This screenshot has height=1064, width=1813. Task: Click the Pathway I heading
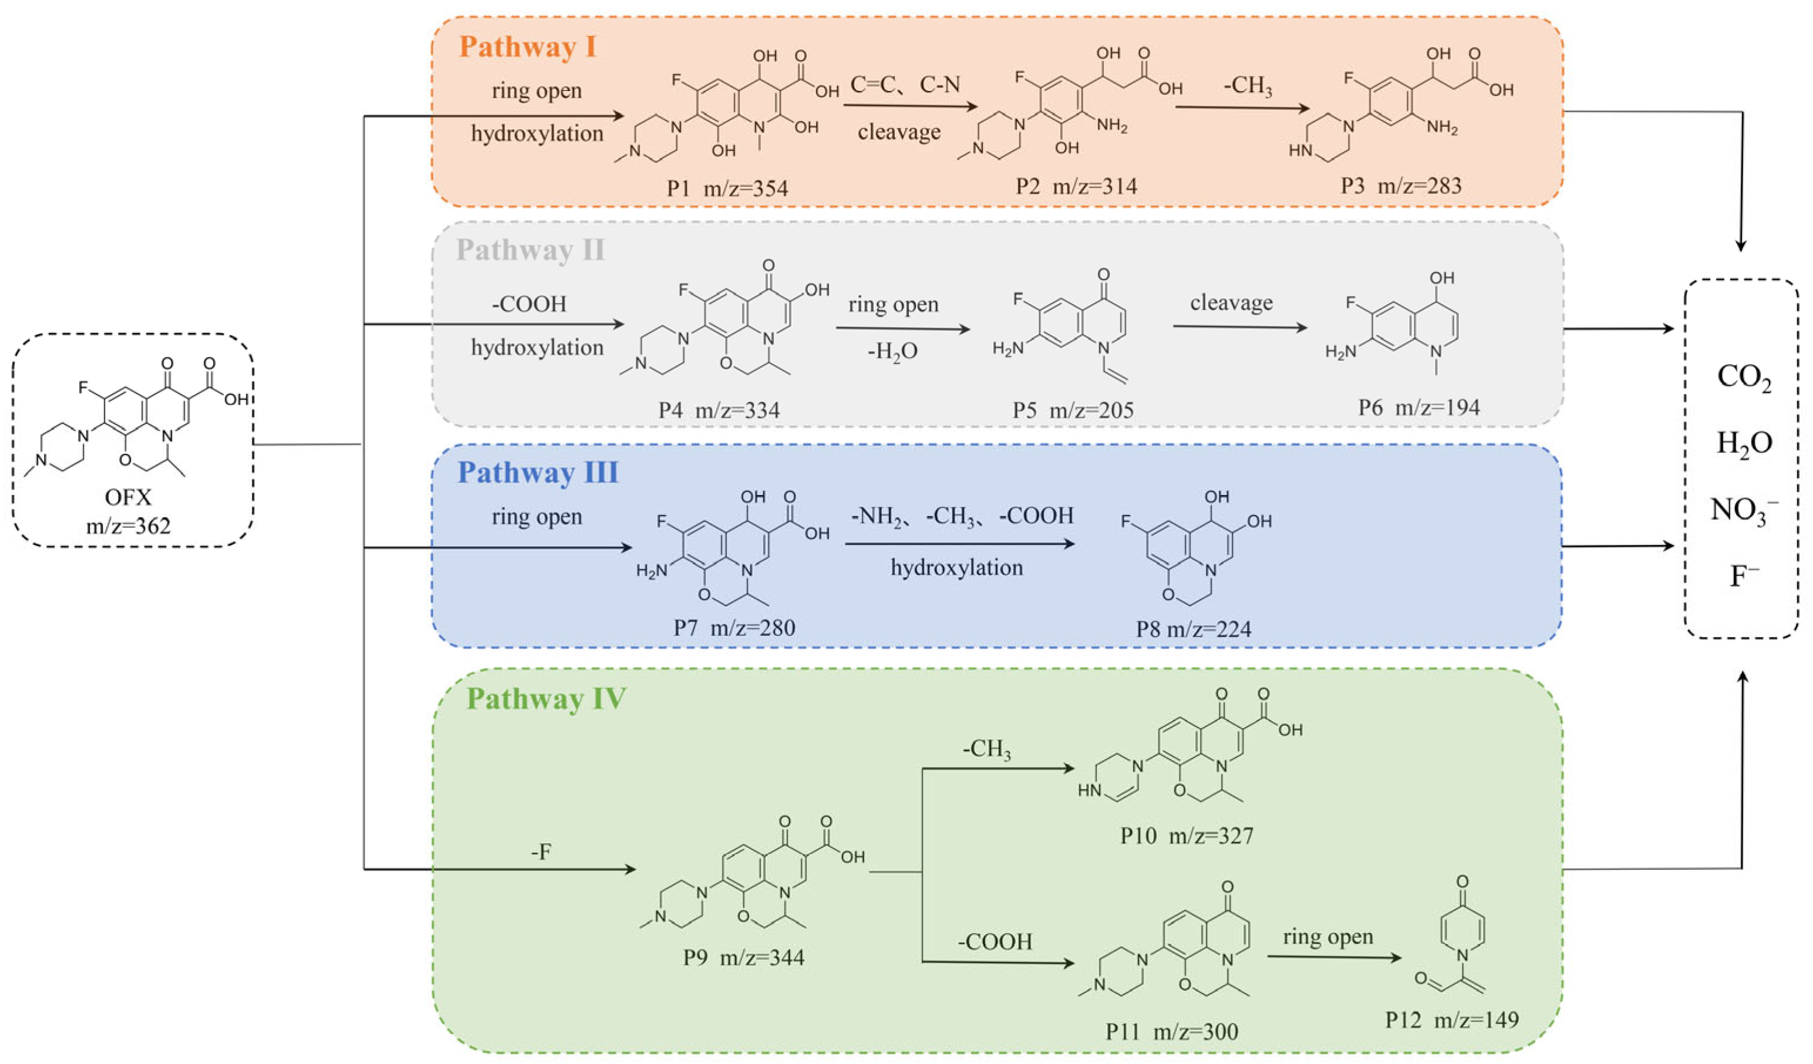click(528, 47)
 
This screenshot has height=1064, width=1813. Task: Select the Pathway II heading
click(530, 250)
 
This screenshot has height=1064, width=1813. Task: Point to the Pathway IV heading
click(546, 699)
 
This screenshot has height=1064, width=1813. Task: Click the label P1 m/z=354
click(727, 188)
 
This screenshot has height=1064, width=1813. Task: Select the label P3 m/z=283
click(1401, 186)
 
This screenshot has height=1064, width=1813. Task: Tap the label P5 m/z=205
click(1073, 410)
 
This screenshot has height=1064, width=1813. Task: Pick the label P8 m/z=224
click(1194, 629)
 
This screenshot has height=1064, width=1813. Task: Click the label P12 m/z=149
click(1452, 1019)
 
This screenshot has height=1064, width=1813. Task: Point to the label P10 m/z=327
click(1187, 836)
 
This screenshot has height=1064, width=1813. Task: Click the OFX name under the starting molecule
click(128, 497)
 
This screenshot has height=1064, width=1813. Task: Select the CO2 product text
click(1744, 377)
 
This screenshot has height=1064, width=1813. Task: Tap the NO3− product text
click(1744, 510)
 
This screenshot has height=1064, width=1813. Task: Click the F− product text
click(1744, 576)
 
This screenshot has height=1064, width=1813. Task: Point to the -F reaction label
click(541, 853)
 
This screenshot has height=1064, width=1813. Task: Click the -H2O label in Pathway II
click(893, 351)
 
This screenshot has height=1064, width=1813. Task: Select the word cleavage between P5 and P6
click(1231, 303)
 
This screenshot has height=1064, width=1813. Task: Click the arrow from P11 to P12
click(1334, 957)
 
